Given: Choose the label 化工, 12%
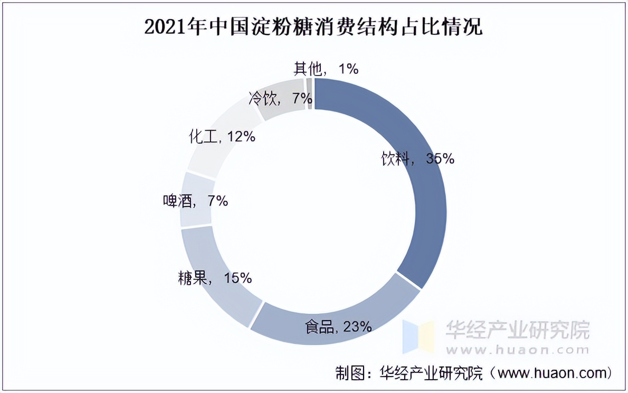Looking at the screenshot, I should click(222, 137).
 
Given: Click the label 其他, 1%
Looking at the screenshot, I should click(326, 68).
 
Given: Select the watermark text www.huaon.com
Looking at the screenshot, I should click(518, 350).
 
